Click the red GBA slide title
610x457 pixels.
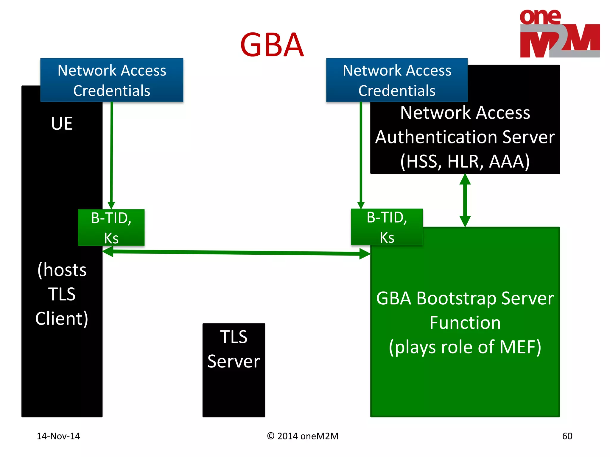(x=272, y=45)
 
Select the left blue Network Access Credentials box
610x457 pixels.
(x=112, y=80)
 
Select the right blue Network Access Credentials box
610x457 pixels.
(x=396, y=80)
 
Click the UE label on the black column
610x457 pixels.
(x=62, y=123)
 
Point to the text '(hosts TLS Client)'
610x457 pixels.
(x=62, y=294)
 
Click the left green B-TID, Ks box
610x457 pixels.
(x=111, y=228)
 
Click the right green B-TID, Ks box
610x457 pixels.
(x=387, y=227)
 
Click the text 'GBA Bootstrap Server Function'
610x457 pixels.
(x=465, y=310)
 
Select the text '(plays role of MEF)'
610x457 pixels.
(x=465, y=347)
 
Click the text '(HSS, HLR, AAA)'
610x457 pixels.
(x=465, y=161)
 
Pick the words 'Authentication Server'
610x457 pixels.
(x=465, y=137)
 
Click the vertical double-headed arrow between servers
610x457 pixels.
(x=465, y=200)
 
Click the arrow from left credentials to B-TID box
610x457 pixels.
(x=111, y=155)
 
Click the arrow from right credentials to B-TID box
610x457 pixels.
(x=361, y=155)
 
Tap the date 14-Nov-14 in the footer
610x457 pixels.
(x=58, y=436)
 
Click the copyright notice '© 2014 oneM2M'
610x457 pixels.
(x=303, y=436)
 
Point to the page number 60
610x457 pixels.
(x=567, y=436)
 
